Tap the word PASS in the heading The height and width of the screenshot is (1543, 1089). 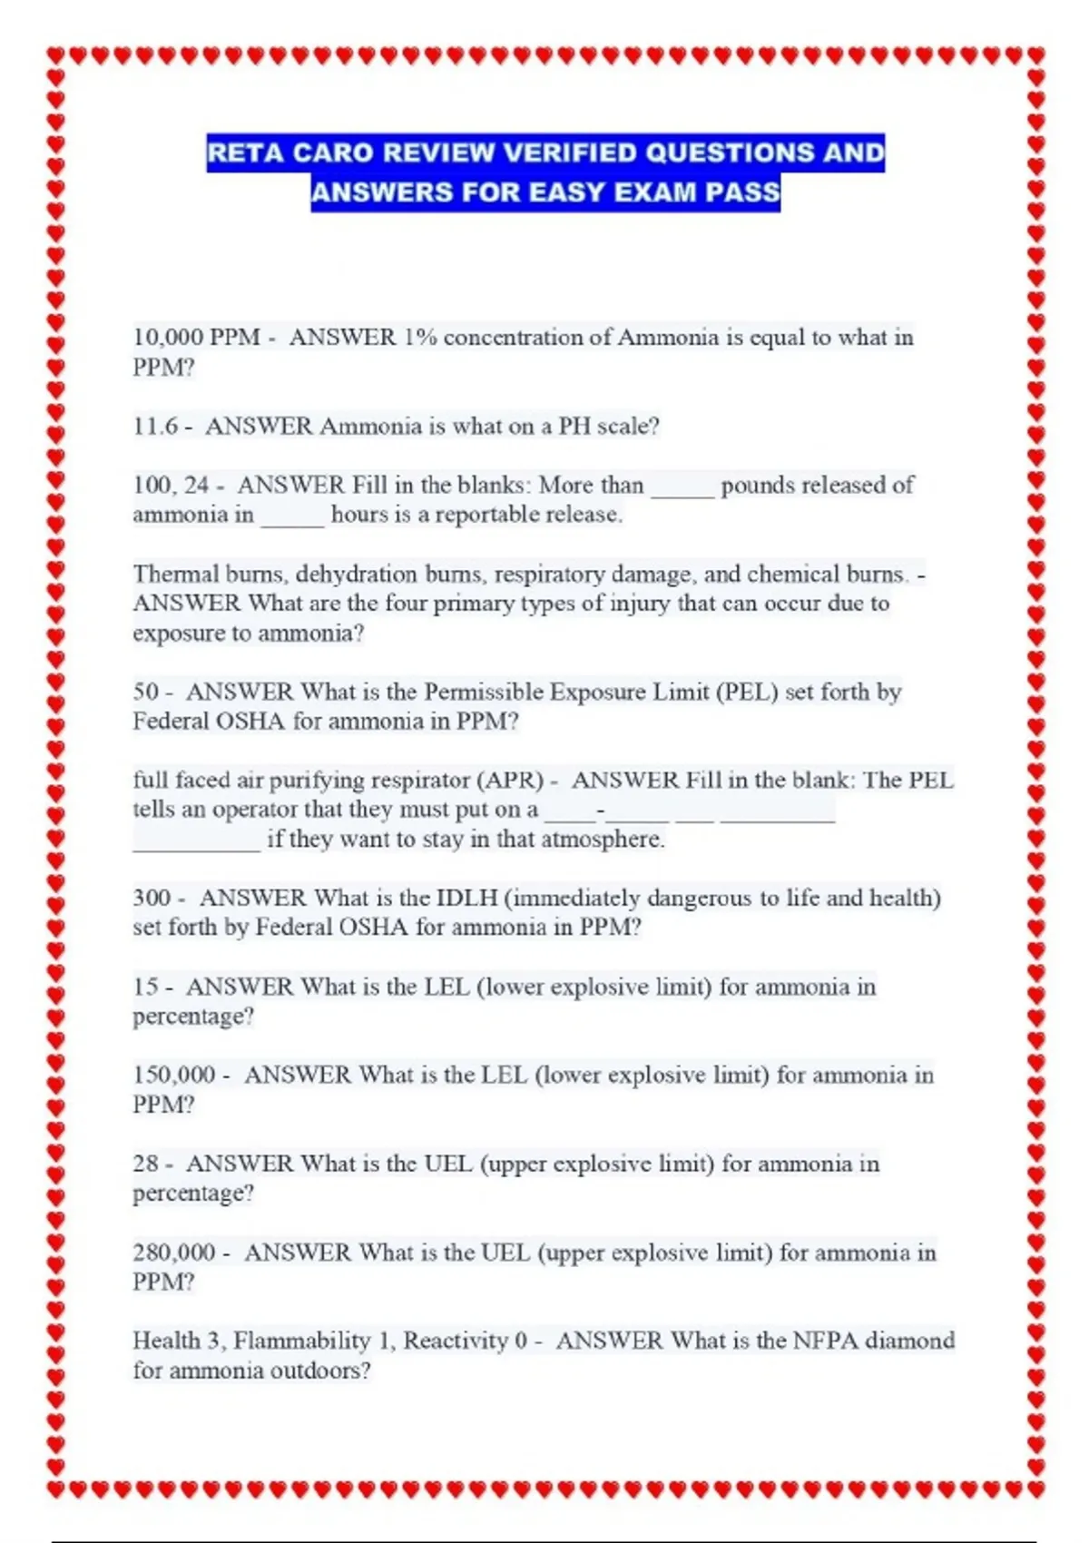742,192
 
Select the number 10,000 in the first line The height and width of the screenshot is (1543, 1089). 168,338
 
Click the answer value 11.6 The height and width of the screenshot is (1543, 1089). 155,426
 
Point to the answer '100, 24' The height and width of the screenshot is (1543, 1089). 172,485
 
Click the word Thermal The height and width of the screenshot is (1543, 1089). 175,574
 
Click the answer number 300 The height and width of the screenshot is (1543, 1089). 152,898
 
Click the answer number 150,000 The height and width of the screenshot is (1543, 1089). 174,1075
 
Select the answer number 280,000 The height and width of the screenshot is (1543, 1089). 174,1253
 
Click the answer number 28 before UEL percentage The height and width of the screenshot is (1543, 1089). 146,1164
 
